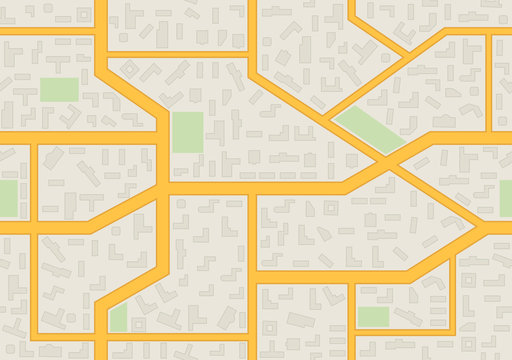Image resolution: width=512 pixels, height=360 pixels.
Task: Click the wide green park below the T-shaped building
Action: click(60, 89)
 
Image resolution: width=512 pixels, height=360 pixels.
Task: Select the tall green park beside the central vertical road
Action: click(187, 132)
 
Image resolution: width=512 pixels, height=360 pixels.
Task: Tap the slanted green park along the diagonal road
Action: click(367, 130)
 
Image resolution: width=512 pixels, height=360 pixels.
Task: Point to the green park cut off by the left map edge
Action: click(8, 199)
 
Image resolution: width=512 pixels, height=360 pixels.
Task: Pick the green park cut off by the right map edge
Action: click(506, 199)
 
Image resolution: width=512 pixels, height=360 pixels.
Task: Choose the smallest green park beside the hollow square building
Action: click(118, 318)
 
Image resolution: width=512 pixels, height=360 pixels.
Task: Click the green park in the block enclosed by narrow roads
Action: click(373, 317)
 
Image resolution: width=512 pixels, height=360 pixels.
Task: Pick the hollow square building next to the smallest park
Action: click(138, 325)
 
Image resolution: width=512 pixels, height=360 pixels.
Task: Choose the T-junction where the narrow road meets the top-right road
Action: click(489, 33)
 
